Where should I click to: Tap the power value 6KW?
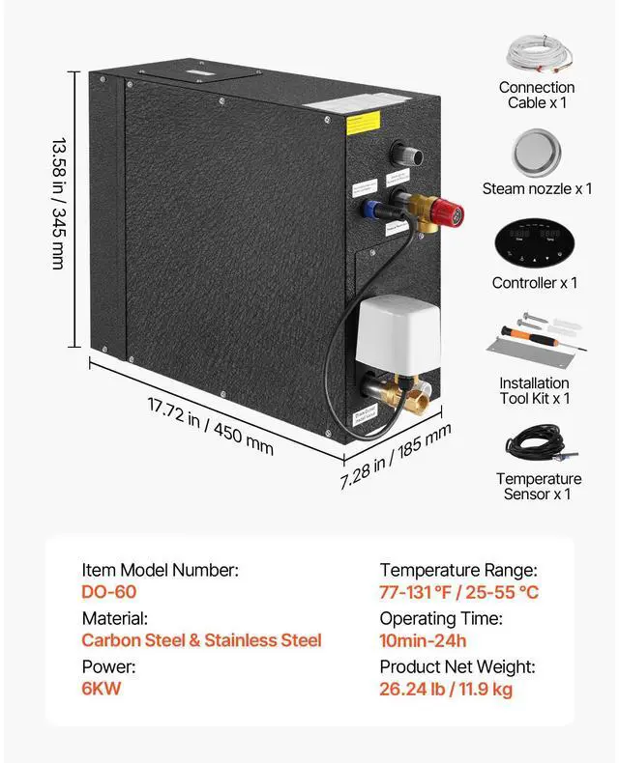click(102, 689)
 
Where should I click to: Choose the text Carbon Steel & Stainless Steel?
click(201, 640)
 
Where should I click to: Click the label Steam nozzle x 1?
click(537, 189)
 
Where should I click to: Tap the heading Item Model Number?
click(160, 571)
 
